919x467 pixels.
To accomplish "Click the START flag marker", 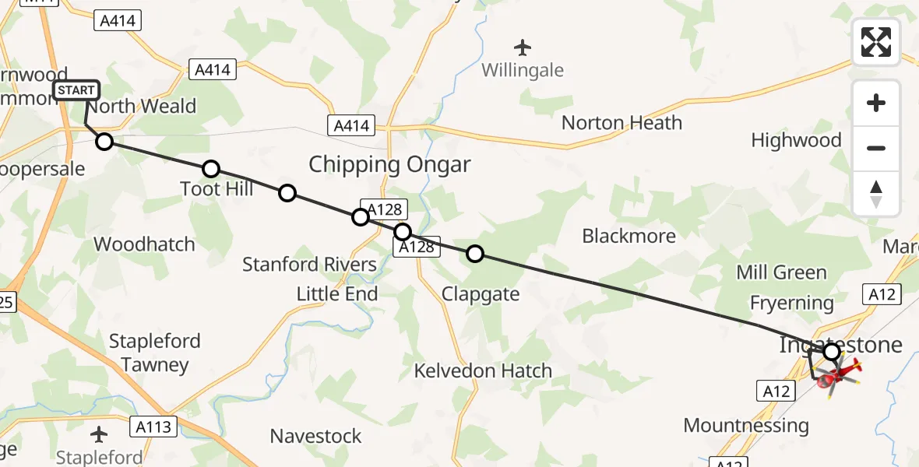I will click(76, 91).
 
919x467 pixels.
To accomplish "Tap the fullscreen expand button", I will click(876, 42).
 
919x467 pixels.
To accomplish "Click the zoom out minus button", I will click(876, 148).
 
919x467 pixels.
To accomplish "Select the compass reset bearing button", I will click(876, 194).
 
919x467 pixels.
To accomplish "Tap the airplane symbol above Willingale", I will click(522, 48).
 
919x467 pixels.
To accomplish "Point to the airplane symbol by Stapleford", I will click(100, 434).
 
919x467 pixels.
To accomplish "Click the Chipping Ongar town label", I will click(389, 165).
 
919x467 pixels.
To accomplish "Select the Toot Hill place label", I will click(217, 189).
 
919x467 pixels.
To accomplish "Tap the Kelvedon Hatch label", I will click(483, 370).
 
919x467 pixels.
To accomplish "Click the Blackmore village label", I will click(629, 236).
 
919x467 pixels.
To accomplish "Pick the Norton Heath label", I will click(621, 123).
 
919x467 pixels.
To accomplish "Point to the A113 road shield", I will click(154, 426).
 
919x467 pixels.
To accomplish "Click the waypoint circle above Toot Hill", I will click(210, 169).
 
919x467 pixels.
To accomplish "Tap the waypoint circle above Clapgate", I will click(474, 253).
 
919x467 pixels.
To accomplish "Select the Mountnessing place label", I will click(746, 426).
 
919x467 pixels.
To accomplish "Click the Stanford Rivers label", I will click(309, 265).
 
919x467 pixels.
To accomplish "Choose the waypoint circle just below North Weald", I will click(104, 142).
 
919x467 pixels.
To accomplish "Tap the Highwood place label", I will click(796, 141).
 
